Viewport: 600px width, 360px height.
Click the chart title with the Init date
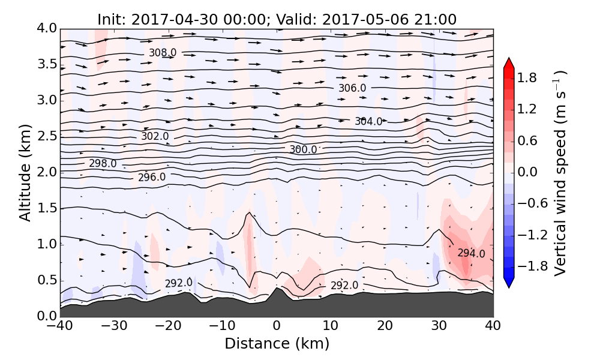pyautogui.click(x=277, y=19)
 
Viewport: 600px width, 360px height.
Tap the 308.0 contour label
pyautogui.click(x=163, y=53)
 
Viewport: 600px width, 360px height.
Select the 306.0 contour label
pyautogui.click(x=352, y=88)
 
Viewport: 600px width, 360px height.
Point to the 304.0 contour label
pyautogui.click(x=368, y=121)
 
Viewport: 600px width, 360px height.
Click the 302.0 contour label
pyautogui.click(x=155, y=136)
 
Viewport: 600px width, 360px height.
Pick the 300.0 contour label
pyautogui.click(x=303, y=149)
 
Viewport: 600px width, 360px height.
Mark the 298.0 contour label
pyautogui.click(x=103, y=163)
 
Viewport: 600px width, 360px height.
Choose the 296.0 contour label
pyautogui.click(x=152, y=178)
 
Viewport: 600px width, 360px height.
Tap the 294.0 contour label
pyautogui.click(x=471, y=253)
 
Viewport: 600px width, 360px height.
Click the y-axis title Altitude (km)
pyautogui.click(x=25, y=173)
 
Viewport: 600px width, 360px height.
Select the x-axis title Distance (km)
pyautogui.click(x=277, y=344)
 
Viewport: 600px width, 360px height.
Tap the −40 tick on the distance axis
pyautogui.click(x=60, y=326)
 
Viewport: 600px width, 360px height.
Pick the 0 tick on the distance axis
pyautogui.click(x=277, y=326)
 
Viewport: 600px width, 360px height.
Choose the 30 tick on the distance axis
pyautogui.click(x=439, y=326)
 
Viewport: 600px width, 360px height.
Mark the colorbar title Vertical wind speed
pyautogui.click(x=560, y=173)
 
